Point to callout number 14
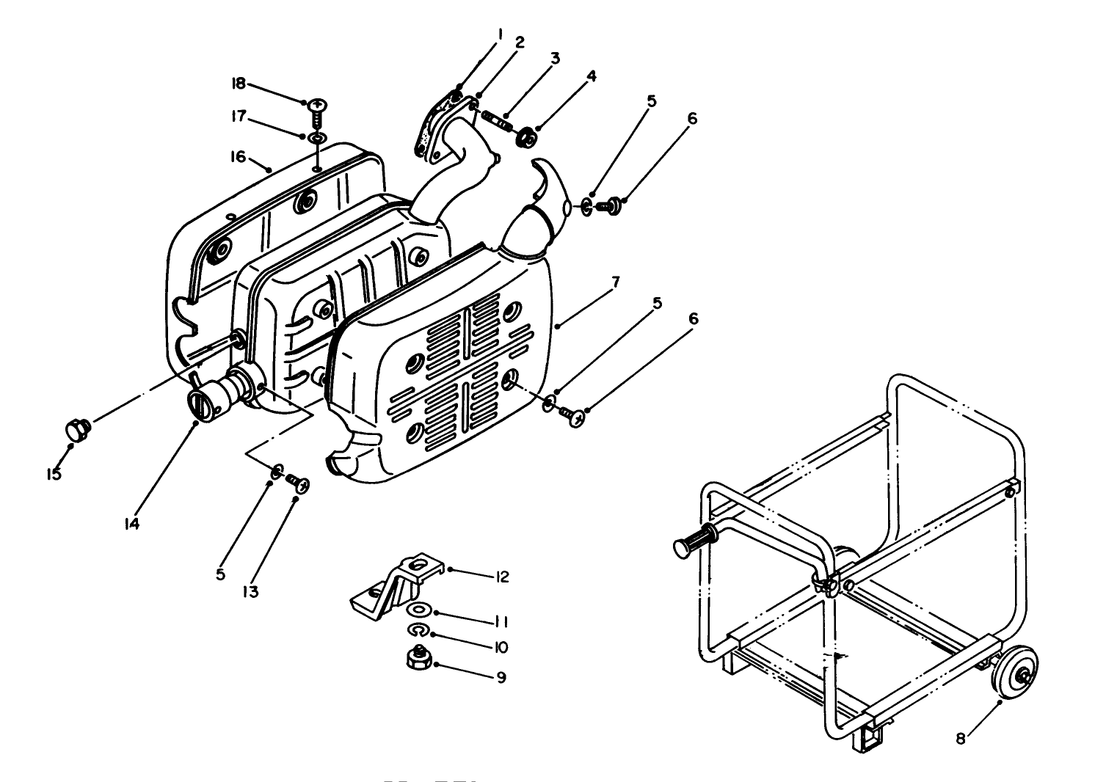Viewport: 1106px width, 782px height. click(x=132, y=524)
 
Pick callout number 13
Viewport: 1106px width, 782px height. click(x=251, y=591)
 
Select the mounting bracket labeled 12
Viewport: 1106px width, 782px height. click(x=396, y=583)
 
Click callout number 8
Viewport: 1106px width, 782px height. click(x=961, y=739)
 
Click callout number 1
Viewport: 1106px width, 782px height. click(x=499, y=33)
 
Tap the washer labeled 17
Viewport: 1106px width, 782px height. click(x=317, y=138)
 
